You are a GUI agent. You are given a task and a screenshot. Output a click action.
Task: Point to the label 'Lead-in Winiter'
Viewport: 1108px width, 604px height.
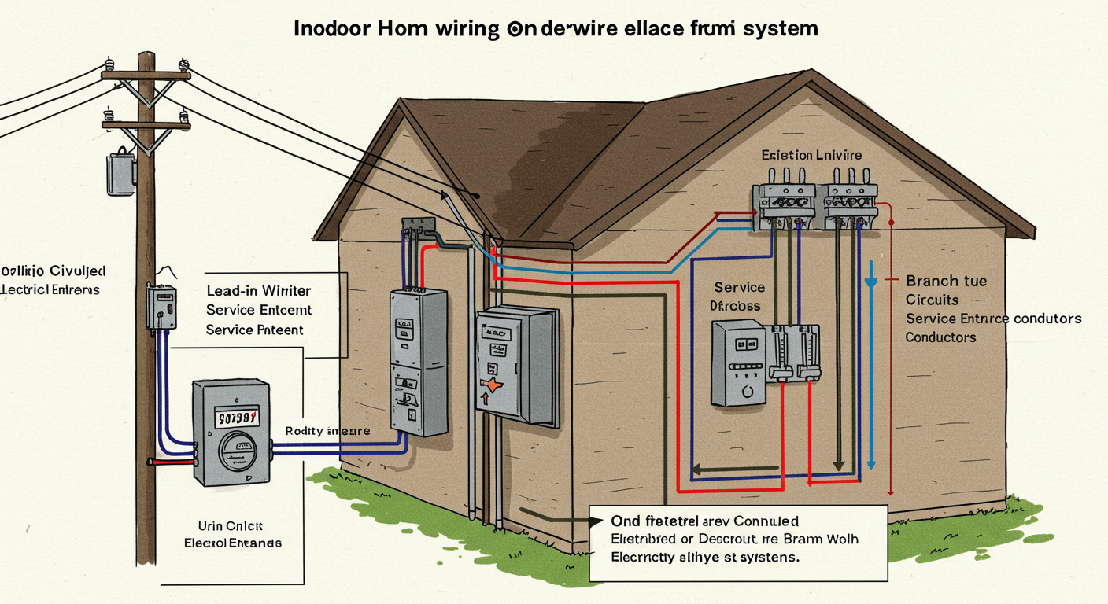coord(258,290)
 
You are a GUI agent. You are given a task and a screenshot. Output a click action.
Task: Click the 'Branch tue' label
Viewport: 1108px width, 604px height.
coord(946,281)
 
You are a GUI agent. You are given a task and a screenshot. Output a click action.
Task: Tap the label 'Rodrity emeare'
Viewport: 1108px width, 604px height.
coord(327,431)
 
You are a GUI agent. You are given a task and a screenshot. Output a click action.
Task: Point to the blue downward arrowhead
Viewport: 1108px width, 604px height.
coord(871,281)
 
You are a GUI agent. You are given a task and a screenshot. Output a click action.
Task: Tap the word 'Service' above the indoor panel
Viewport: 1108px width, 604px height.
coord(740,288)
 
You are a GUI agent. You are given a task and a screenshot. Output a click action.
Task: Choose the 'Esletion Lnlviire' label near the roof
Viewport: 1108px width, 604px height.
coord(811,155)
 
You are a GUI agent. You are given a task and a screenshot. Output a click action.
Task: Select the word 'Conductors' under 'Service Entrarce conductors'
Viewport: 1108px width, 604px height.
coord(940,337)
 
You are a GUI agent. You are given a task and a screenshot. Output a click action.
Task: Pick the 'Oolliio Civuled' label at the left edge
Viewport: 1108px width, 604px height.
coord(53,271)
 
